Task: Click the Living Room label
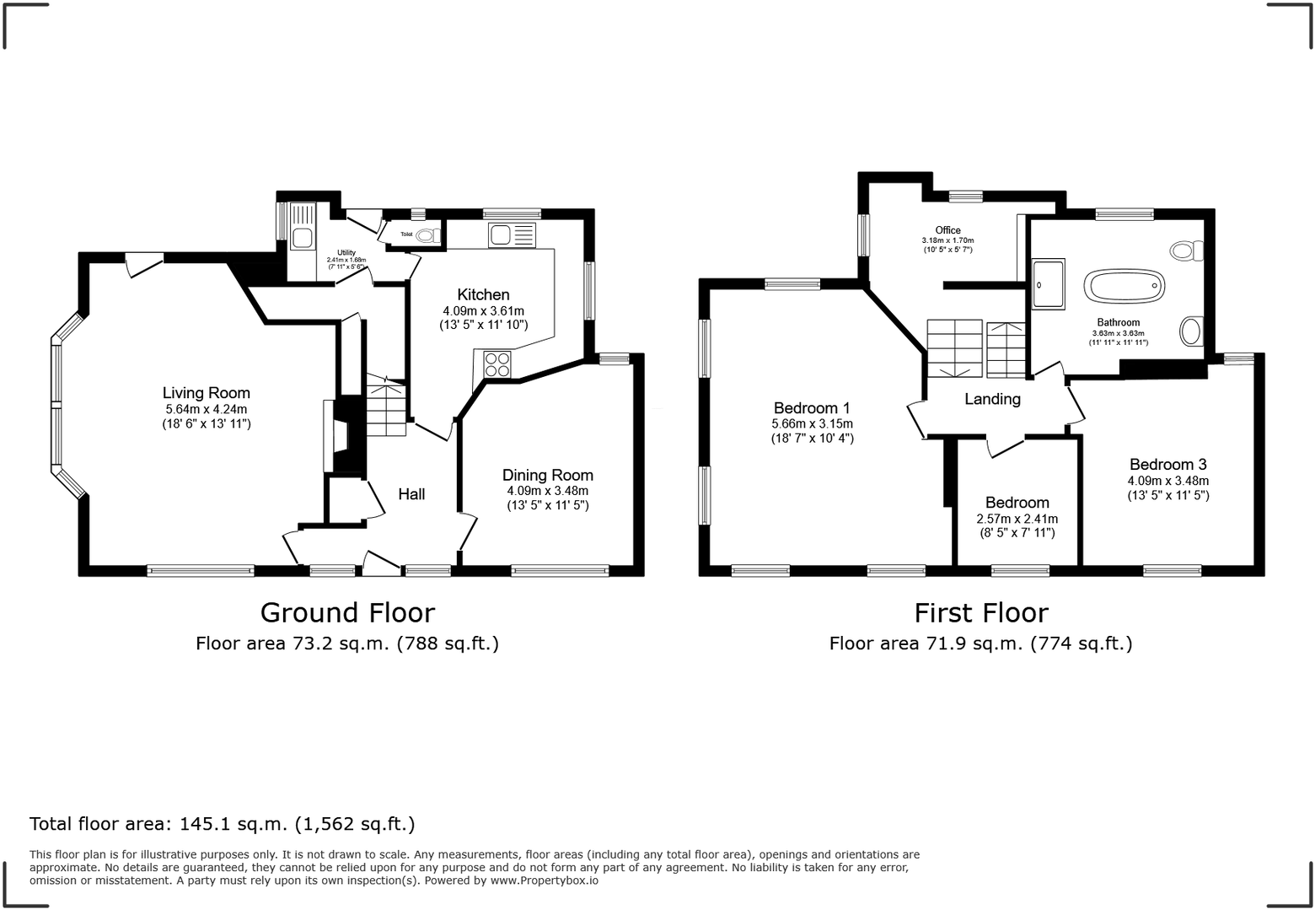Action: point(206,393)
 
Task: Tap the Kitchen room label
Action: point(483,294)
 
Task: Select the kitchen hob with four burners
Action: point(497,364)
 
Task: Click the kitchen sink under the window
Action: point(512,234)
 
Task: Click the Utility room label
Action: point(346,253)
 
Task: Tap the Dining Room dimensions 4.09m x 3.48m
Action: point(547,491)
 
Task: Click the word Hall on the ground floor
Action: point(411,494)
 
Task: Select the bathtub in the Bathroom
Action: point(1124,288)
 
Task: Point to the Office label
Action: point(947,230)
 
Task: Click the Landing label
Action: point(992,399)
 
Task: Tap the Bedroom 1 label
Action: point(812,408)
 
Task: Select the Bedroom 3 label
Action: point(1167,465)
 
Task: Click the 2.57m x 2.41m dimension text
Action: point(1017,520)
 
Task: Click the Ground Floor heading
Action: point(347,612)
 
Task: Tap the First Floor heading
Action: point(981,612)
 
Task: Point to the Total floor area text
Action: point(222,824)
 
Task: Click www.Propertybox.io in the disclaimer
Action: point(545,880)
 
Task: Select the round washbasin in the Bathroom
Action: point(1191,331)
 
